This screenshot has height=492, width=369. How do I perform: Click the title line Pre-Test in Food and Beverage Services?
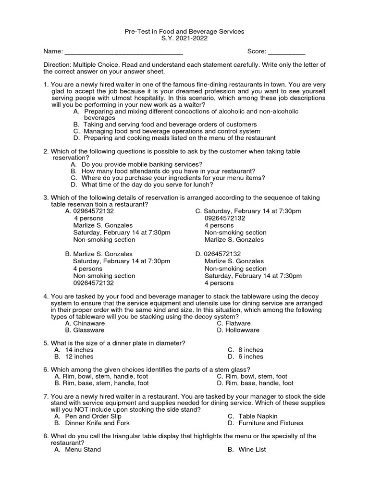pos(184,31)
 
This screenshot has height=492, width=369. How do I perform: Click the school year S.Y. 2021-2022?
pos(184,38)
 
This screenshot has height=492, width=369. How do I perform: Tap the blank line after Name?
pos(123,52)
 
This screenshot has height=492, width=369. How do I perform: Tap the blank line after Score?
pos(286,52)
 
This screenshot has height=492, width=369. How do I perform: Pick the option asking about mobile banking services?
pos(142,164)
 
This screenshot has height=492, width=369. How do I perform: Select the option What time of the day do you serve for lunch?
pos(147,184)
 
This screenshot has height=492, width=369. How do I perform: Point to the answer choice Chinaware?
pos(84,323)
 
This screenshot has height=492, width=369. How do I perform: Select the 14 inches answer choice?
pos(79,350)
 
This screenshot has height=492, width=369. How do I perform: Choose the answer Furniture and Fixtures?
pos(271,423)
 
